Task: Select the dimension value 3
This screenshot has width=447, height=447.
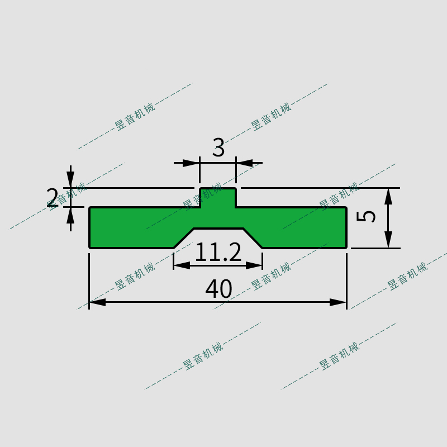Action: (218, 148)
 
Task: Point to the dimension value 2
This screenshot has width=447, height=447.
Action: (52, 198)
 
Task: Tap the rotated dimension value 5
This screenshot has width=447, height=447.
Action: (367, 216)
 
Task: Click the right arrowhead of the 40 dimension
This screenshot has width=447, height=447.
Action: (339, 302)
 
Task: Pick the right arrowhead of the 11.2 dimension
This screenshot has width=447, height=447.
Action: (255, 265)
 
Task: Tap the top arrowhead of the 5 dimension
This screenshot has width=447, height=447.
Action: (388, 196)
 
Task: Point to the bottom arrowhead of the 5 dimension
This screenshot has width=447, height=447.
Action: (388, 240)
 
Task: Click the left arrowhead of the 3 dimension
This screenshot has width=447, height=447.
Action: (192, 163)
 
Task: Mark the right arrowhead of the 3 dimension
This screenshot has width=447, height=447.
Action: (244, 163)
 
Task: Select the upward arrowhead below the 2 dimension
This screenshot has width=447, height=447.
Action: (70, 215)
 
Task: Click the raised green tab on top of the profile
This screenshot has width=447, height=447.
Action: (218, 198)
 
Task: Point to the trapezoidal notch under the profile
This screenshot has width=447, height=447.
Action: (218, 238)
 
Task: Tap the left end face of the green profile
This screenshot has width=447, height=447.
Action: (90, 227)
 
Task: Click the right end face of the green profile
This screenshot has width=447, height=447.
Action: (346, 227)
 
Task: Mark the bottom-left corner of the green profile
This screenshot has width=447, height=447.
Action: (91, 247)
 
